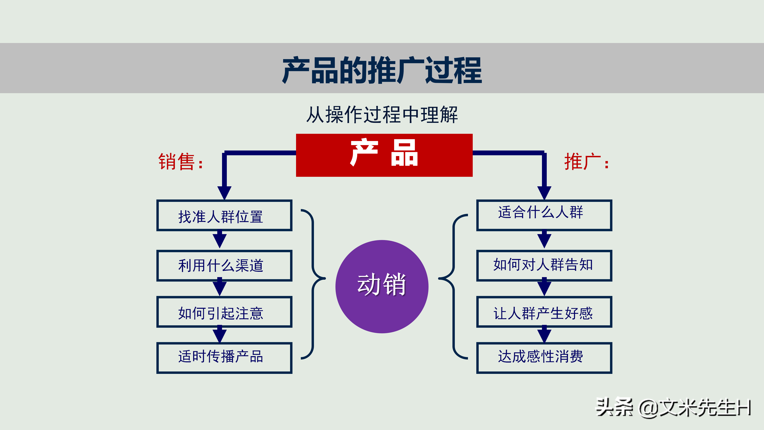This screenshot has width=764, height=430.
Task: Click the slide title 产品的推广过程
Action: coord(382,70)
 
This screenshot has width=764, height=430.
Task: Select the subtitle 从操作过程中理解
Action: coord(382,114)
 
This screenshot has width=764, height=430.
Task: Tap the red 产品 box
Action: coord(384,155)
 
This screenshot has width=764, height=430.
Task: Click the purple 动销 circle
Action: coord(382,286)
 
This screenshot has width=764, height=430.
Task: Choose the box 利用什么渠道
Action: coord(224,265)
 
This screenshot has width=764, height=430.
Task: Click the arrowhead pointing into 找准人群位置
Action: coord(224,192)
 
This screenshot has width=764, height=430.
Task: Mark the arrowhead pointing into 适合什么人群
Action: coord(544,192)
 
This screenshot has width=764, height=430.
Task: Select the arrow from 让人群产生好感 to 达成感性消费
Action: coord(544,334)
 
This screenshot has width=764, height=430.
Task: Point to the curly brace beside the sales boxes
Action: coord(313,284)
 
